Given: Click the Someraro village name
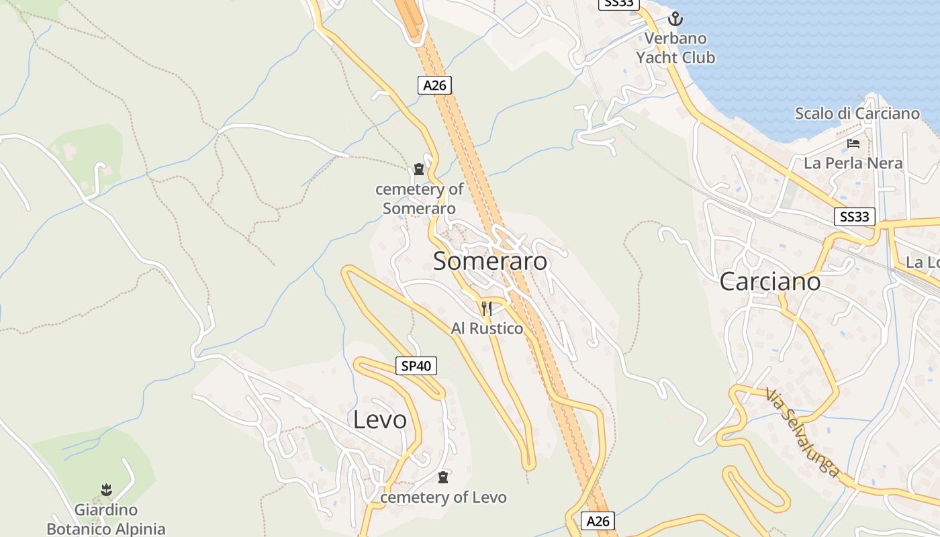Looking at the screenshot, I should [490, 261].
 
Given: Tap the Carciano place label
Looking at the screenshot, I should [769, 282].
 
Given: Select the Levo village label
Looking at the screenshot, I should [380, 420].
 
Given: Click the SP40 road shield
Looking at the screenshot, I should [416, 366].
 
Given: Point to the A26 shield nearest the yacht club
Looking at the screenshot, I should [434, 85].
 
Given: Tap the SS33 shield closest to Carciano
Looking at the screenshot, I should [855, 217].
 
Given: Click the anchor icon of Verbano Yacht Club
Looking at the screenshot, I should [675, 19].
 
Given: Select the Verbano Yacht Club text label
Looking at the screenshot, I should [675, 48].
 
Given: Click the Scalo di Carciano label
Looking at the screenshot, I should [857, 113].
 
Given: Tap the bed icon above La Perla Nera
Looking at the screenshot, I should [853, 144].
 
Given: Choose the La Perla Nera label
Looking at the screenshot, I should [853, 163].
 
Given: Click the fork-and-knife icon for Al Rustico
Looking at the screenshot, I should [487, 309].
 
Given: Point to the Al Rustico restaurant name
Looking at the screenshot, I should [487, 328].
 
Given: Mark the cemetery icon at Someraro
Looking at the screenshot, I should [419, 169].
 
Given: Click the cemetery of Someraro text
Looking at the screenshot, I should [419, 199].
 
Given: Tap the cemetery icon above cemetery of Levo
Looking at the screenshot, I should [443, 478].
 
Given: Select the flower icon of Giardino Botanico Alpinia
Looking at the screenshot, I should [106, 490].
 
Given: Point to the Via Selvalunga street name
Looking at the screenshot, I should [802, 433].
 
